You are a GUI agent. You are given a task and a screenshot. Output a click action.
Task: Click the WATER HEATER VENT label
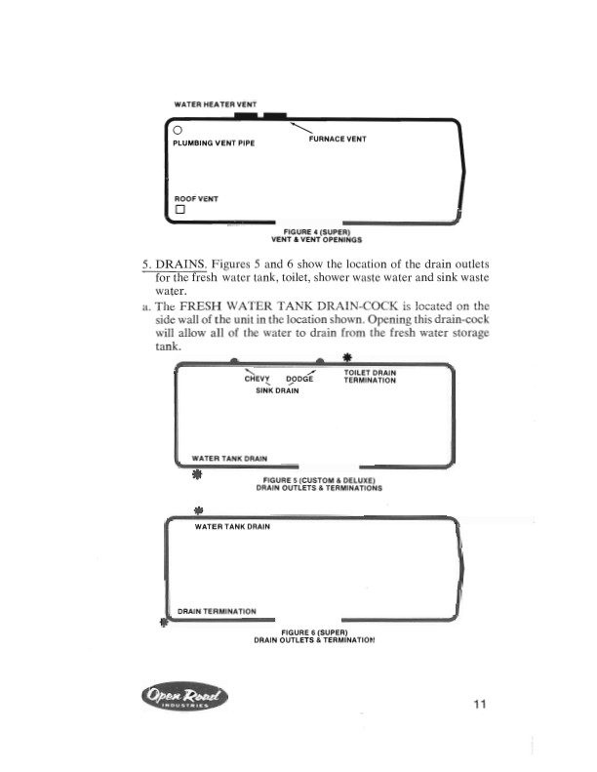coord(215,103)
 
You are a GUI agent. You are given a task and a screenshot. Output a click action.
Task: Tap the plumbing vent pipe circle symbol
coord(178,129)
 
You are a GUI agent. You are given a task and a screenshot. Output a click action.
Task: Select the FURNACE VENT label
coord(337,140)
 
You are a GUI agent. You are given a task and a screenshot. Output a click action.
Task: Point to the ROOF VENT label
coord(195,198)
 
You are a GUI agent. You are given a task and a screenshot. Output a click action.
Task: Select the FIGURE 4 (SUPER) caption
coord(317,231)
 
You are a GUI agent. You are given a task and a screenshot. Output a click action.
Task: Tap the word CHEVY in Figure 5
coord(258,379)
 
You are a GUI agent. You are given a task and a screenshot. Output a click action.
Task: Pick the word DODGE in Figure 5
coord(299,379)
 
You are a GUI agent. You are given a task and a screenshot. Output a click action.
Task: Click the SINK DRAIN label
coord(277,390)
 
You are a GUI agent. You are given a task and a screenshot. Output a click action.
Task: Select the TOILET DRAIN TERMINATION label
coord(370,377)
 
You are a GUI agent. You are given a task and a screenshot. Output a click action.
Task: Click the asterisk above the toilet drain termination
coord(347,356)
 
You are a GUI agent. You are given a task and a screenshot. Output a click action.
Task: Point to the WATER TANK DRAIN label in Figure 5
coord(229,457)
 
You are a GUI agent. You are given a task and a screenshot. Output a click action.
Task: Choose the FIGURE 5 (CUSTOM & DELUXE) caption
coord(319,480)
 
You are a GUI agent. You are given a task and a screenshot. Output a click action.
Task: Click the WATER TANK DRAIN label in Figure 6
coord(232,526)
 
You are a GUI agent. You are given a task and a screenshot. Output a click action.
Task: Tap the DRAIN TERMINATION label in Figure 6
coord(217,612)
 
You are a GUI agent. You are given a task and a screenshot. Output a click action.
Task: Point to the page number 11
coord(478,704)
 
